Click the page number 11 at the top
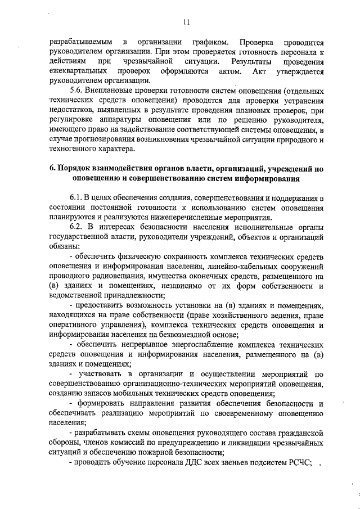186,22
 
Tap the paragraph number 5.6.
77,91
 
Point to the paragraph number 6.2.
77,227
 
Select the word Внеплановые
112,91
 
